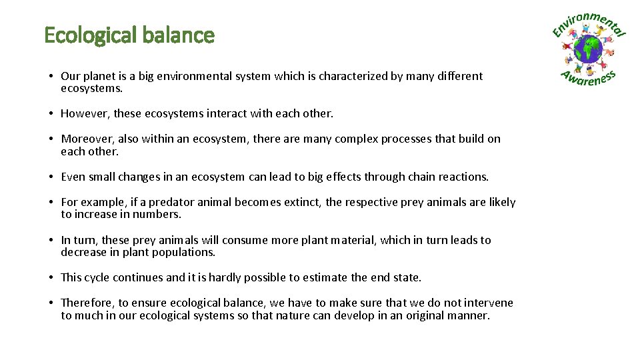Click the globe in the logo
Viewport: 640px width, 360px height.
coord(588,49)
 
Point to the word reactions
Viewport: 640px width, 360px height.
coord(463,177)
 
